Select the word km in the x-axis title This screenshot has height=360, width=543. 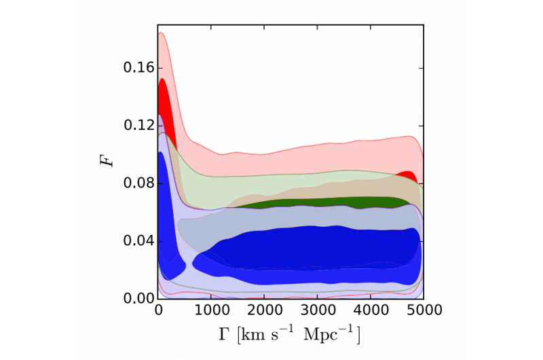click(x=260, y=334)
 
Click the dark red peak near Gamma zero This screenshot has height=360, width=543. click(x=165, y=102)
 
